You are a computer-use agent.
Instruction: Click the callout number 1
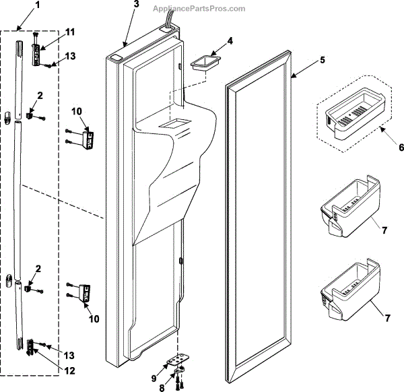(x=18, y=5)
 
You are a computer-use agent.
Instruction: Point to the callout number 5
(x=322, y=60)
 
